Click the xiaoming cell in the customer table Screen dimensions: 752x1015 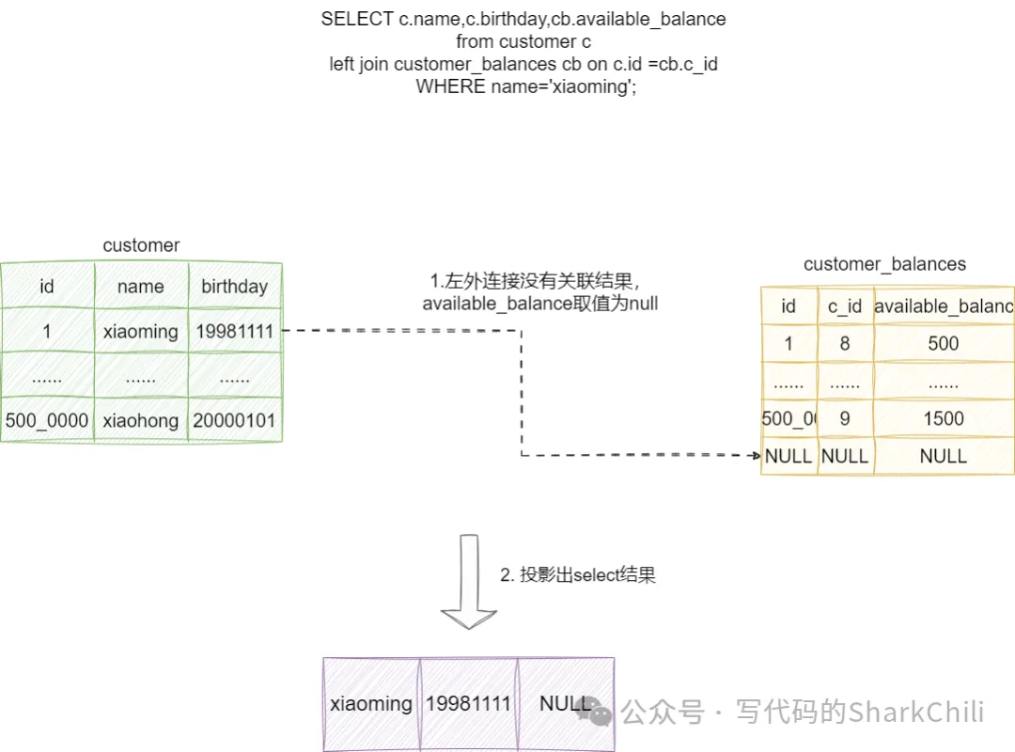(141, 331)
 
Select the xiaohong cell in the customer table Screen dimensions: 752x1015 (141, 420)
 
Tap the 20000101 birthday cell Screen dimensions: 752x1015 (234, 420)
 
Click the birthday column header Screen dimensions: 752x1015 (234, 287)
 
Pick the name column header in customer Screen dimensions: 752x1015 (141, 287)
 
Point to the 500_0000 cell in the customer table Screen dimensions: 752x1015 (47, 420)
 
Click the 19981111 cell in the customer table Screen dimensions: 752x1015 (234, 331)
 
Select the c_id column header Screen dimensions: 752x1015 (845, 305)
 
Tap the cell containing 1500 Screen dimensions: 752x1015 (944, 418)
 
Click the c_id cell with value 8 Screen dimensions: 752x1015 (845, 344)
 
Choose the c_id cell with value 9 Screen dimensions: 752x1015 (845, 418)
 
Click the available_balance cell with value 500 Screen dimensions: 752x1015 (944, 344)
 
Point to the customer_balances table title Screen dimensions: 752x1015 (884, 264)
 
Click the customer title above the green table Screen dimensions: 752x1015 (141, 245)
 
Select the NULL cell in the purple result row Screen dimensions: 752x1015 (566, 703)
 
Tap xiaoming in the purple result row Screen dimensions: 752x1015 (371, 703)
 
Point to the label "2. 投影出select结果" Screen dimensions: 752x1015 (578, 575)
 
